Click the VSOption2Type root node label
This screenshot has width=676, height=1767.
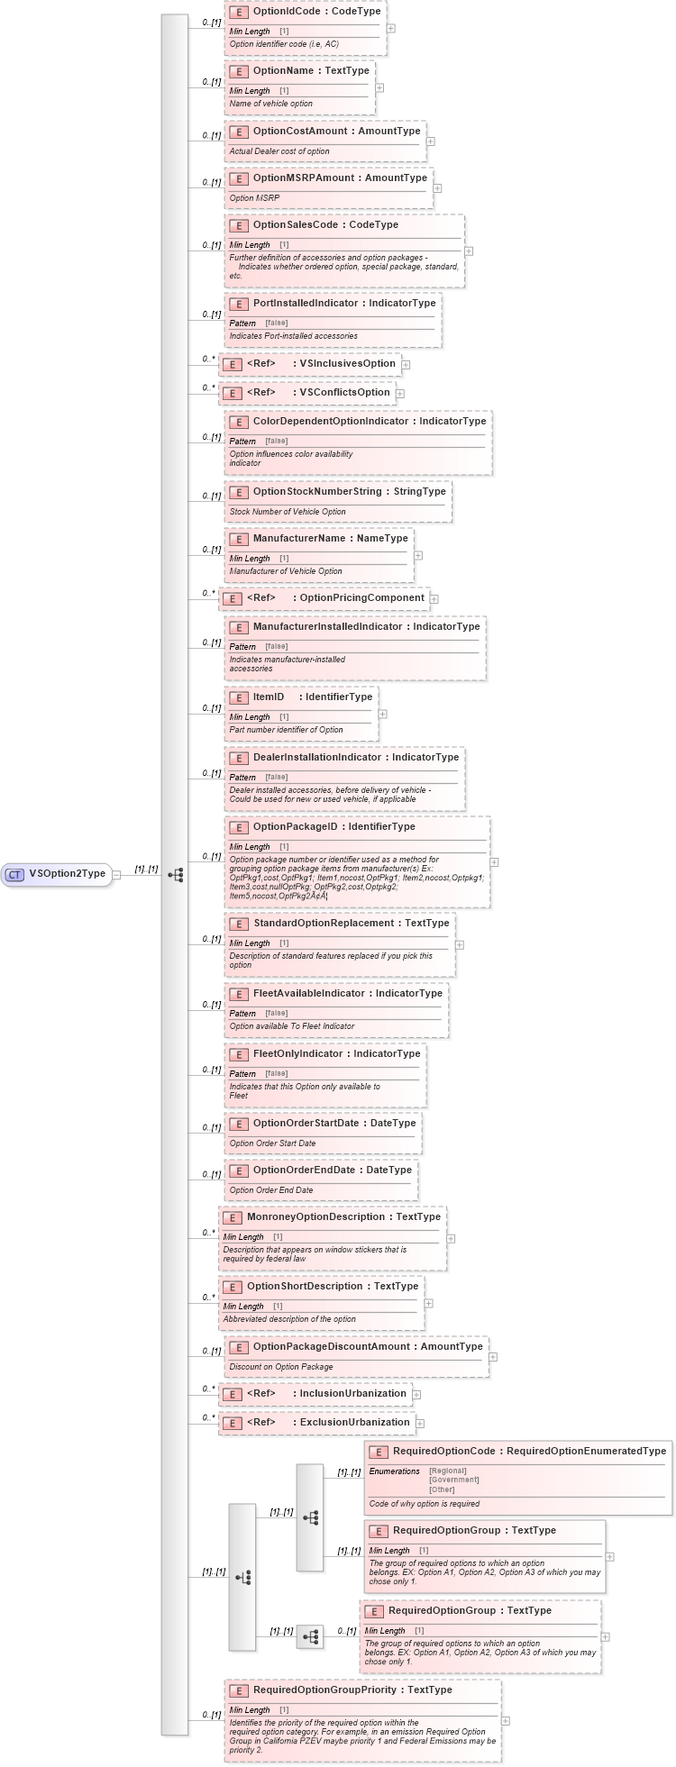[67, 873]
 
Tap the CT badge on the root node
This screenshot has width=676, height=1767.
[15, 874]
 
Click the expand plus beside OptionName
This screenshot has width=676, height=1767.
[379, 88]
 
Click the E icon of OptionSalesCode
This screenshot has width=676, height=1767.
[239, 225]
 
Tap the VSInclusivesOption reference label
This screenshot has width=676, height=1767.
[347, 363]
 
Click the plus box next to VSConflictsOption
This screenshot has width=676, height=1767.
[400, 394]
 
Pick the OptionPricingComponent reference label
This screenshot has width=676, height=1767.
[361, 597]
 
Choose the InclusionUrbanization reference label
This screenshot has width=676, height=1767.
[352, 1393]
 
